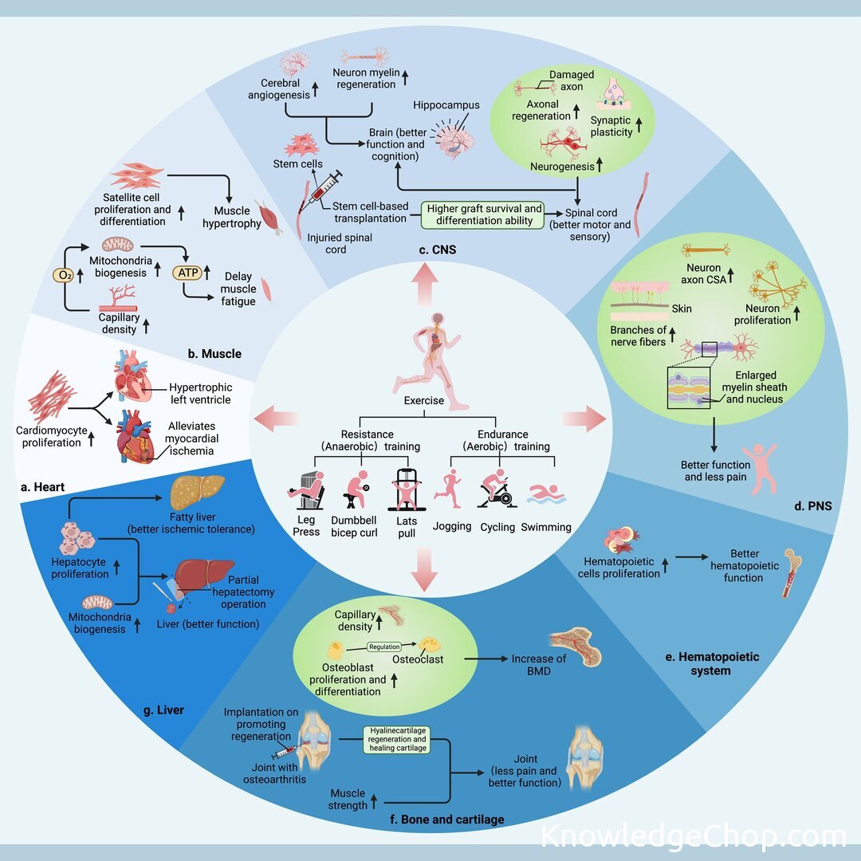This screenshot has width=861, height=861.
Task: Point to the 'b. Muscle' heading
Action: (x=213, y=352)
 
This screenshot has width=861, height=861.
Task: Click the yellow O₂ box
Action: (x=64, y=276)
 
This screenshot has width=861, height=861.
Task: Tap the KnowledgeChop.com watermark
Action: (x=693, y=836)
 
